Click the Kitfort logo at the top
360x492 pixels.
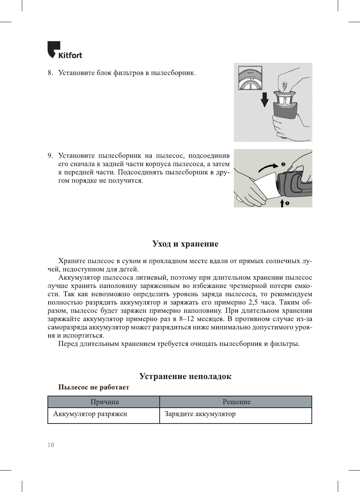(64, 50)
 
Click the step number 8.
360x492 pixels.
(50, 73)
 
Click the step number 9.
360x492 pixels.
(50, 156)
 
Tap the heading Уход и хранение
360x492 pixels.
(185, 244)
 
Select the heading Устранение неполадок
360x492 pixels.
(185, 376)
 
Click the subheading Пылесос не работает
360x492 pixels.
(93, 387)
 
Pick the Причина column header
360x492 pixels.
(104, 402)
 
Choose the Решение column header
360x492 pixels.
(236, 402)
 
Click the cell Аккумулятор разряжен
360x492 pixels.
(90, 414)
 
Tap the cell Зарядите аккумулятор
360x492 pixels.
(200, 414)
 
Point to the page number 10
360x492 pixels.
(51, 445)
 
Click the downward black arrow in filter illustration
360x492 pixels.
(265, 99)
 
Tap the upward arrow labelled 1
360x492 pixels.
(282, 203)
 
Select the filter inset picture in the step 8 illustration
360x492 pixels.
(250, 78)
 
